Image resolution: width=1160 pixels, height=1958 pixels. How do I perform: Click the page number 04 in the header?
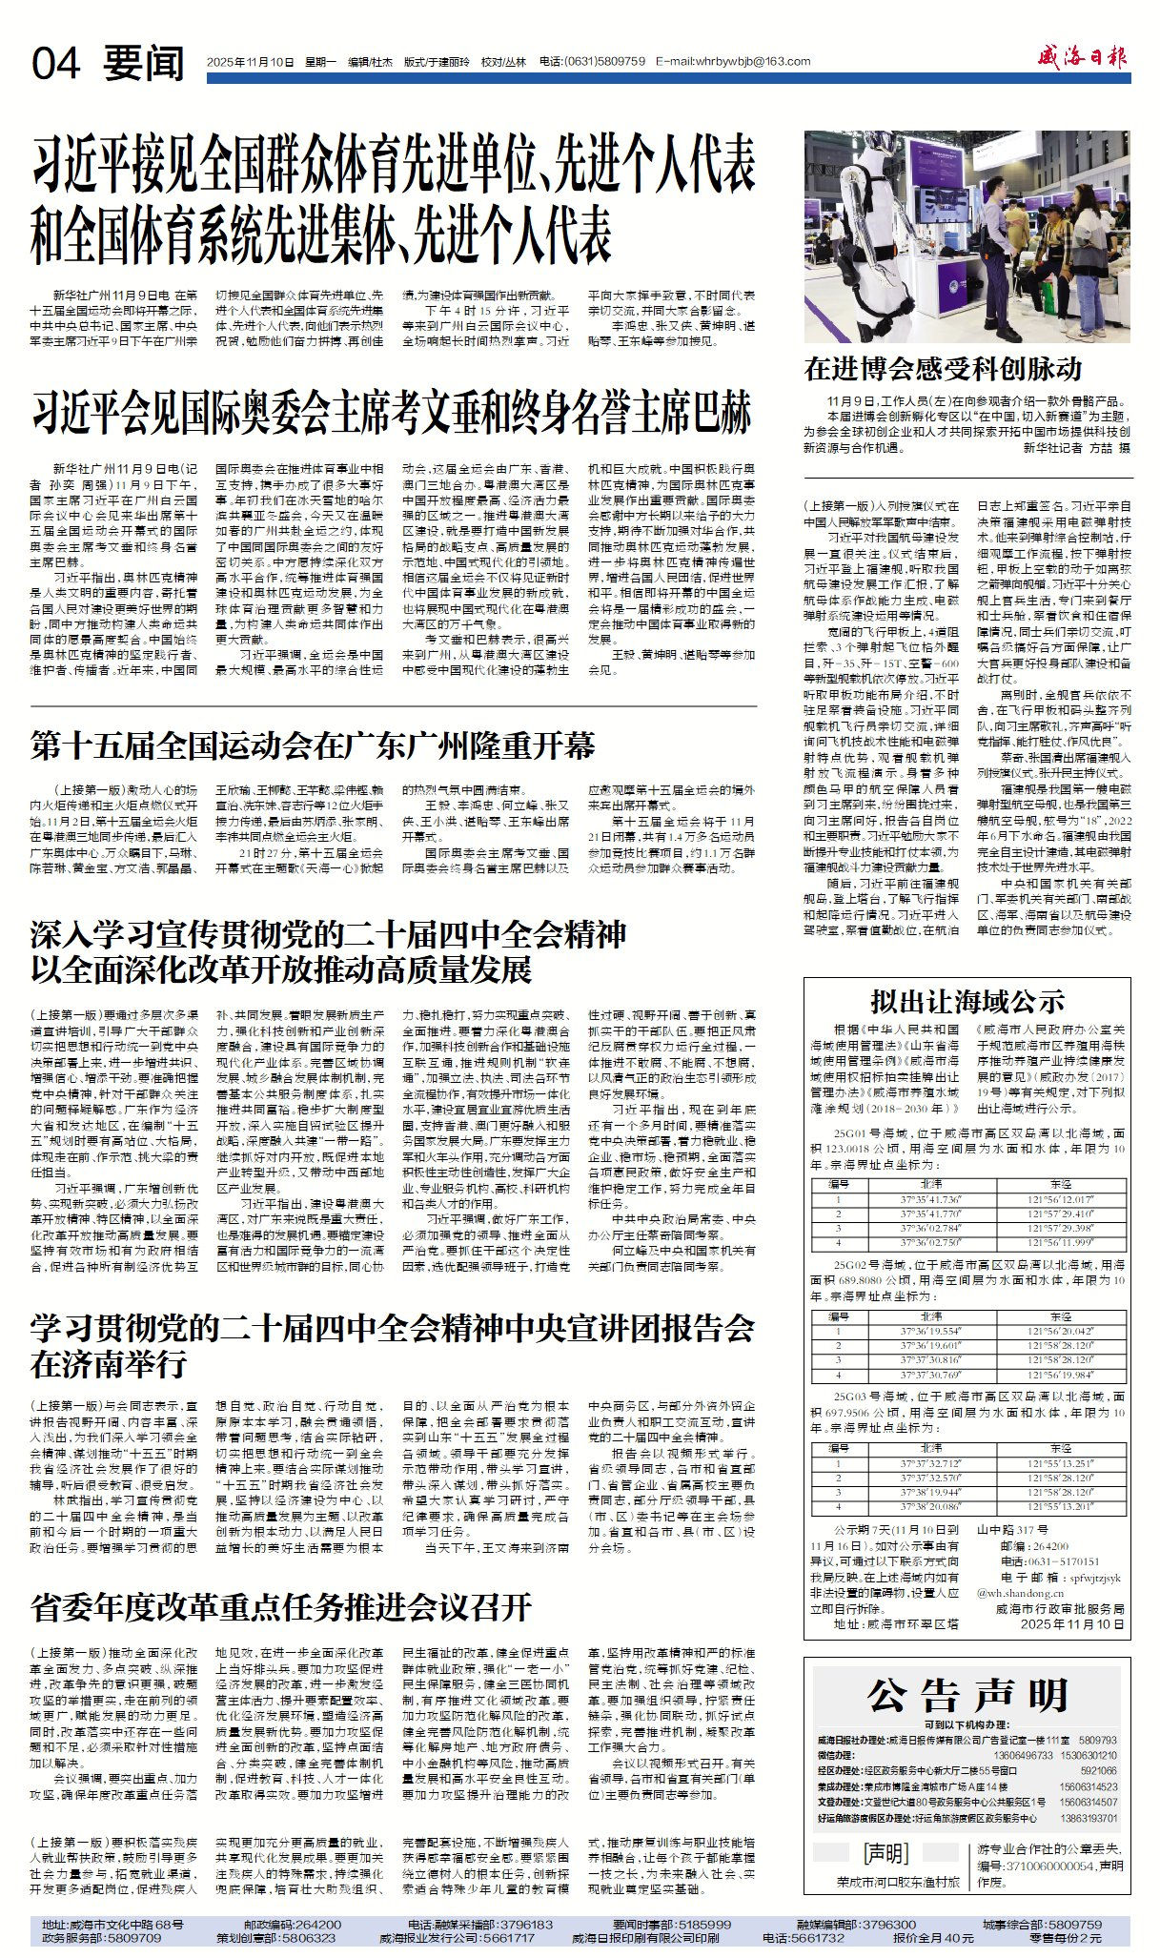pyautogui.click(x=56, y=64)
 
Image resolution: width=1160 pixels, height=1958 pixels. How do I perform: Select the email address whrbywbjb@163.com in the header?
pyautogui.click(x=733, y=62)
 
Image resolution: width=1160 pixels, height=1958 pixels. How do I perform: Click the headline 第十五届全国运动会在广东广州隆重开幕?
pyautogui.click(x=313, y=745)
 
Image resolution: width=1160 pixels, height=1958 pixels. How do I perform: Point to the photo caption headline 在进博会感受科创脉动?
pyautogui.click(x=943, y=369)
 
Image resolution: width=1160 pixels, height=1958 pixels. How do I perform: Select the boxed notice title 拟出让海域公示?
pyautogui.click(x=967, y=1001)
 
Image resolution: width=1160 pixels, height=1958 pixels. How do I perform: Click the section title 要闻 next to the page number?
pyautogui.click(x=143, y=64)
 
